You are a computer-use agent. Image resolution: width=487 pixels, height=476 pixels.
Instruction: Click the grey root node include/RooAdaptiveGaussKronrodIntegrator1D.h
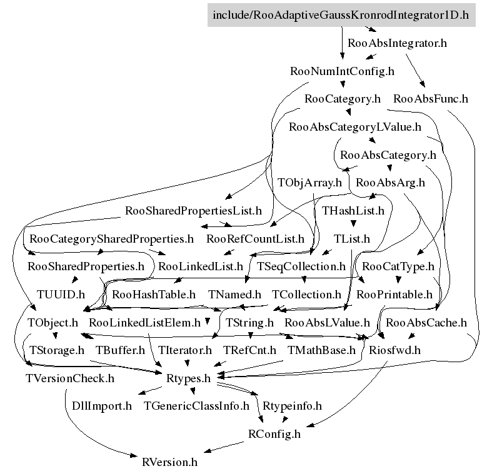(x=341, y=15)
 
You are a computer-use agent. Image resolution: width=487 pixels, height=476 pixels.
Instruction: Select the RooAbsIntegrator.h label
(x=397, y=43)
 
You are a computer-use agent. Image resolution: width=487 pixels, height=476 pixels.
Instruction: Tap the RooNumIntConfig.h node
(x=342, y=71)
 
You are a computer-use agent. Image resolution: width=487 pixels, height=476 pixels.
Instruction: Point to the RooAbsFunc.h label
(x=431, y=99)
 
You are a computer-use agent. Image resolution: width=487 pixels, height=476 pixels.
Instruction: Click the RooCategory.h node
(x=342, y=99)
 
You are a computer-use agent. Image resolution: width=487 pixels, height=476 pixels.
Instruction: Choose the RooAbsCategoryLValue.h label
(x=355, y=127)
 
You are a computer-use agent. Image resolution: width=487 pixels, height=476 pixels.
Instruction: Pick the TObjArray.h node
(x=309, y=183)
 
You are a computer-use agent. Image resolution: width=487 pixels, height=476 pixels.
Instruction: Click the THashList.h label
(x=353, y=211)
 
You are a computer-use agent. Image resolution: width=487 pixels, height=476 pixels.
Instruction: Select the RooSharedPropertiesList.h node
(x=193, y=211)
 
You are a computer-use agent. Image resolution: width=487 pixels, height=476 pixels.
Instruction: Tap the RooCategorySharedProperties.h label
(x=111, y=239)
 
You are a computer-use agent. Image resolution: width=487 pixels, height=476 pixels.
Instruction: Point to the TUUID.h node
(x=61, y=295)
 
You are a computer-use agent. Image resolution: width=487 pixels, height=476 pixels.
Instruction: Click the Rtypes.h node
(x=189, y=378)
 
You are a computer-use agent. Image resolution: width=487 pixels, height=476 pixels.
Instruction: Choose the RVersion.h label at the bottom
(x=169, y=462)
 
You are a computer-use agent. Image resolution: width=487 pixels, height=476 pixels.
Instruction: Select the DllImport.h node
(x=101, y=406)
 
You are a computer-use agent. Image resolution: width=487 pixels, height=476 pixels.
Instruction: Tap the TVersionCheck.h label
(x=70, y=378)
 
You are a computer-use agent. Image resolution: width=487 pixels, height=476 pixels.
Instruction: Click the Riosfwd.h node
(x=394, y=350)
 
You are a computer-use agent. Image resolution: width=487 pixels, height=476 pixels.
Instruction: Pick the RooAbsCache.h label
(x=426, y=323)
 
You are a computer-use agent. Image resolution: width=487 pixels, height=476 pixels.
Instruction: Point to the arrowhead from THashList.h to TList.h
(x=353, y=223)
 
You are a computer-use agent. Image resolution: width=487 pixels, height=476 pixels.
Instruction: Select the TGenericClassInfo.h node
(x=196, y=406)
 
